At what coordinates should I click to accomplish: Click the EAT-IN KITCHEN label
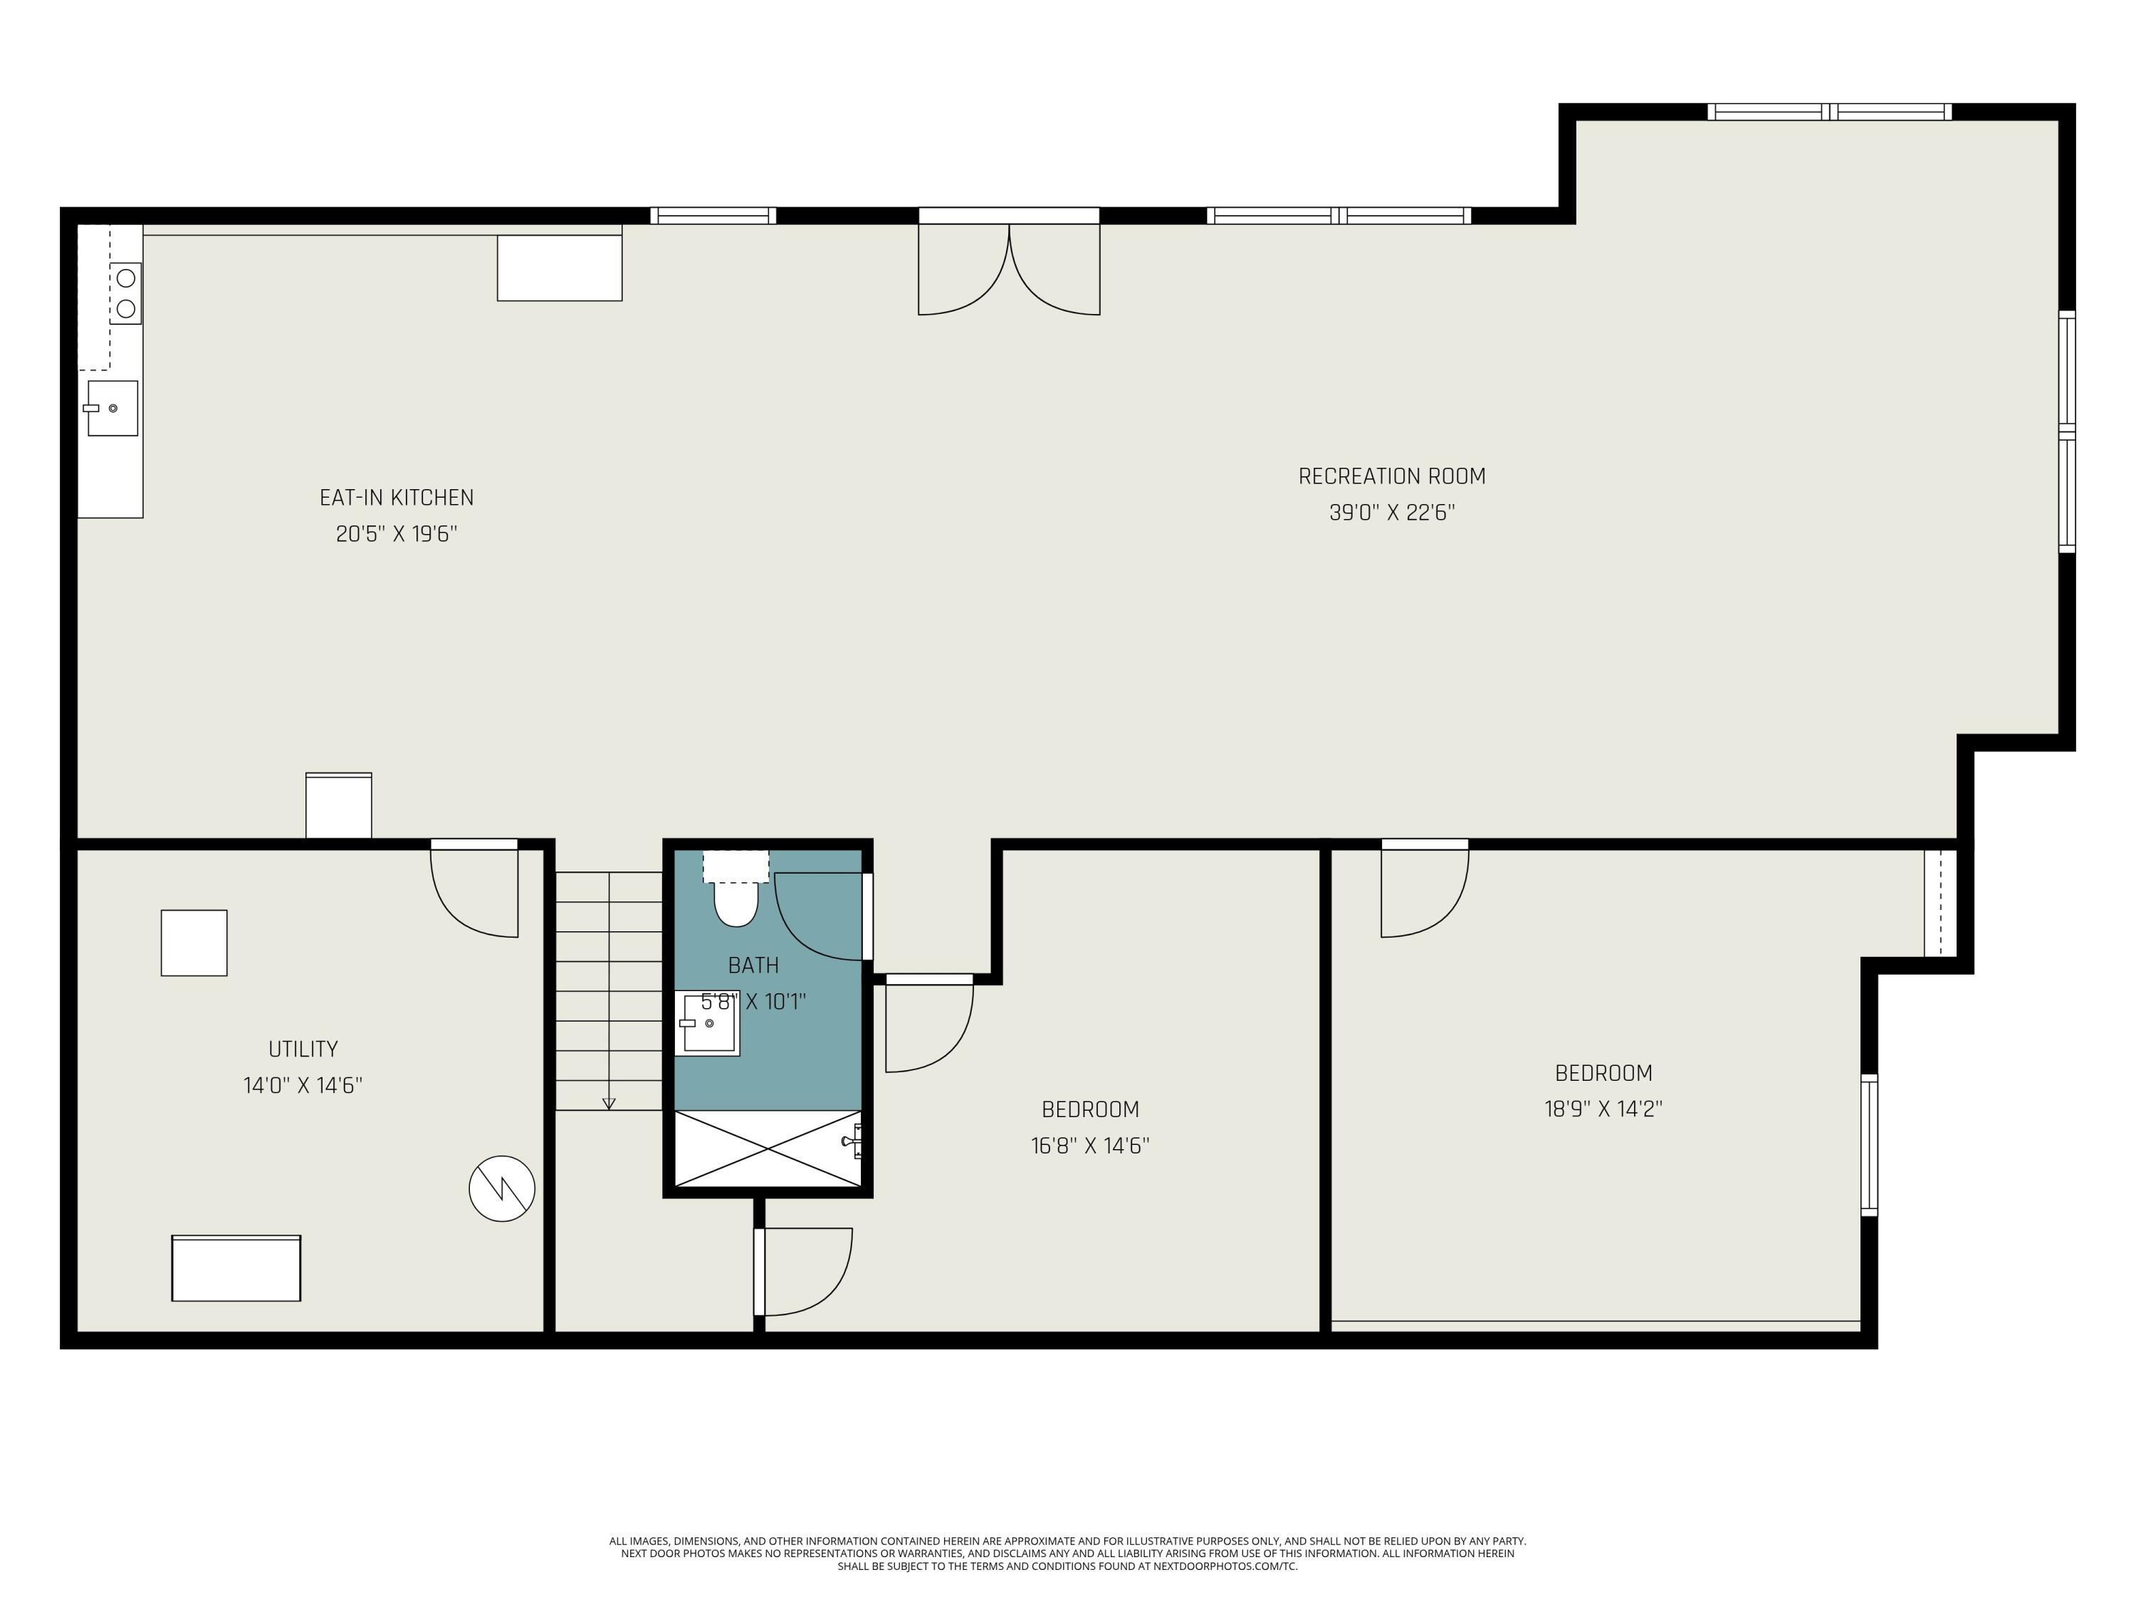pyautogui.click(x=396, y=497)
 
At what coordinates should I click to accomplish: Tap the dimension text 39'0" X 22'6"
pyautogui.click(x=1391, y=513)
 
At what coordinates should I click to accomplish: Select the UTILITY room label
pyautogui.click(x=303, y=1049)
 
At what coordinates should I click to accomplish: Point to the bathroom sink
pyautogui.click(x=708, y=1024)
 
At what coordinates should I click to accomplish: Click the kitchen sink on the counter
pyautogui.click(x=112, y=407)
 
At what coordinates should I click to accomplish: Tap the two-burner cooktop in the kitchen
pyautogui.click(x=125, y=293)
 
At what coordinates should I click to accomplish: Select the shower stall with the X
pyautogui.click(x=767, y=1148)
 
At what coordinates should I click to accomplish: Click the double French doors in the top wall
pyautogui.click(x=1008, y=266)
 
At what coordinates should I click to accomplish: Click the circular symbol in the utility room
pyautogui.click(x=502, y=1189)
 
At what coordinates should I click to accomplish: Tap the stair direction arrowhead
pyautogui.click(x=608, y=1104)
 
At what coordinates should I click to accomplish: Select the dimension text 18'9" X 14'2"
pyautogui.click(x=1603, y=1109)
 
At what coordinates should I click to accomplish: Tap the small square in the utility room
pyautogui.click(x=194, y=943)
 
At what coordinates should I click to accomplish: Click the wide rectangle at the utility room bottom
pyautogui.click(x=236, y=1268)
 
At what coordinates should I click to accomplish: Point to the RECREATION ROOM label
pyautogui.click(x=1391, y=476)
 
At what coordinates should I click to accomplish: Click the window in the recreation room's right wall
pyautogui.click(x=2066, y=431)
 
